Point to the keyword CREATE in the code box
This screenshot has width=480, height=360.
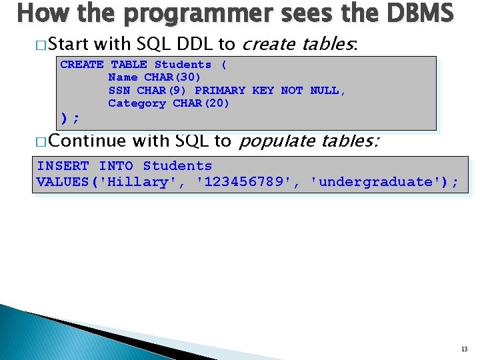pos(81,65)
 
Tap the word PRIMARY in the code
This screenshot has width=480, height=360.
pos(219,90)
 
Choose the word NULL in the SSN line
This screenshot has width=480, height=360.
pos(327,90)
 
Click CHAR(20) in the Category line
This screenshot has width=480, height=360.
pos(201,103)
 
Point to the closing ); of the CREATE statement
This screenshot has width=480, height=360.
pos(69,118)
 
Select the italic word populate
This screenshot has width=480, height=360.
pos(277,141)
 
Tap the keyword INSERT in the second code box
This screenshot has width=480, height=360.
pos(63,166)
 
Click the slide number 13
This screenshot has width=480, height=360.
pos(464,349)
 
